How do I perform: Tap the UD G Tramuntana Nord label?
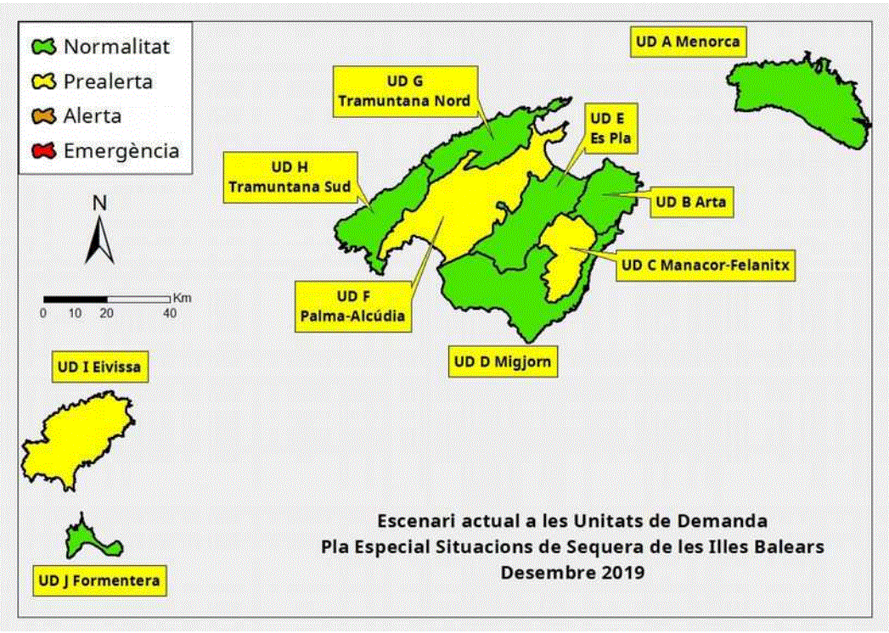[x=404, y=91]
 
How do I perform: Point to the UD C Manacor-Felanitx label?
[x=705, y=266]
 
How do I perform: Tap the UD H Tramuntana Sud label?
[x=290, y=177]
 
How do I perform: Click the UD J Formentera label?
[x=99, y=582]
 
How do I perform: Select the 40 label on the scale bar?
[x=170, y=313]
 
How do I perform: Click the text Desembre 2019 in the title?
[x=572, y=572]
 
